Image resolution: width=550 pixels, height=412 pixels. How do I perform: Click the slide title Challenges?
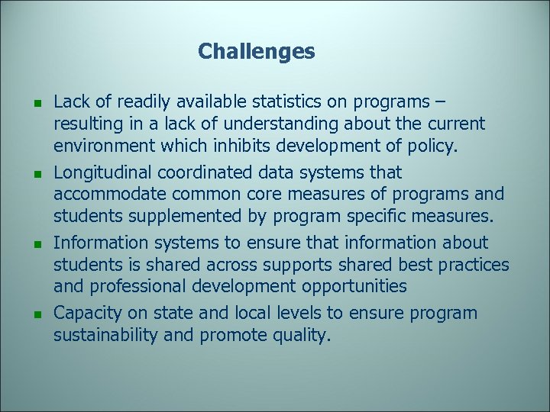click(256, 52)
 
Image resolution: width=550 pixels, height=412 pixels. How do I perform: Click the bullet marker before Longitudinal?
click(27, 174)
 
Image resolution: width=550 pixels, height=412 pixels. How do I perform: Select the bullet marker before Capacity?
click(27, 315)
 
